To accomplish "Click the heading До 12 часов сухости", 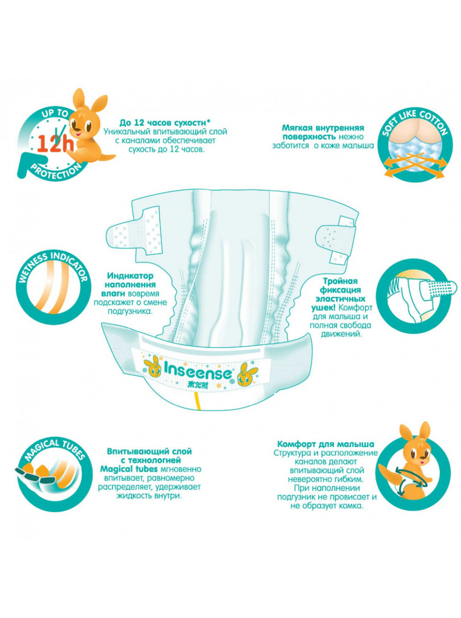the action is click(x=165, y=123).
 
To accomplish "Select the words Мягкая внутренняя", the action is click(x=323, y=128).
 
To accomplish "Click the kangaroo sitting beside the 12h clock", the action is click(x=90, y=126).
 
